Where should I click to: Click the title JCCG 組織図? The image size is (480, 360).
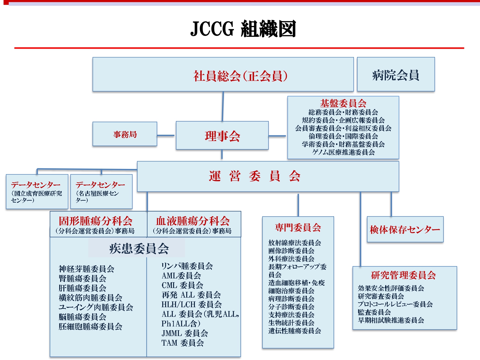point(243,28)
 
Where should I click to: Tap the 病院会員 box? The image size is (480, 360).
point(396,74)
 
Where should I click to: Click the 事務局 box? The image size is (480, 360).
point(125,134)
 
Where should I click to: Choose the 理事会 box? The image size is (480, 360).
point(222,135)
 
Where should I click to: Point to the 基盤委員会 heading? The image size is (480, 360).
point(343,103)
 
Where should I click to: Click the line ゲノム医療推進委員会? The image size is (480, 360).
point(343,152)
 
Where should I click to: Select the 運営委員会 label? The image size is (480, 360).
point(254,176)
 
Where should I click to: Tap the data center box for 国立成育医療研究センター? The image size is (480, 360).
point(37,191)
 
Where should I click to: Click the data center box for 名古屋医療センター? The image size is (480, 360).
point(101,191)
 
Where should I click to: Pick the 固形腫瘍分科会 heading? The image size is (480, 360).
point(96,221)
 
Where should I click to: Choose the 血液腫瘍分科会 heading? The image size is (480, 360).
point(193,221)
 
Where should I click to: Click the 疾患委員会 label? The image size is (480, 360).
point(139,249)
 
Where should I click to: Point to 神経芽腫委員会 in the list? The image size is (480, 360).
point(87,269)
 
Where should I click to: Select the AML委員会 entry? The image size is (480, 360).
point(181,276)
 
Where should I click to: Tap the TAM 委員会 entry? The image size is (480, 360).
point(183,343)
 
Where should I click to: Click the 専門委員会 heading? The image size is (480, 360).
point(298,227)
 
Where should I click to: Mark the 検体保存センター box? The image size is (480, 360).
point(405,229)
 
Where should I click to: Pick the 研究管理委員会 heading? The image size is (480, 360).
point(404,275)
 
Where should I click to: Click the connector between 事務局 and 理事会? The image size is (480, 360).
point(166,135)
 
